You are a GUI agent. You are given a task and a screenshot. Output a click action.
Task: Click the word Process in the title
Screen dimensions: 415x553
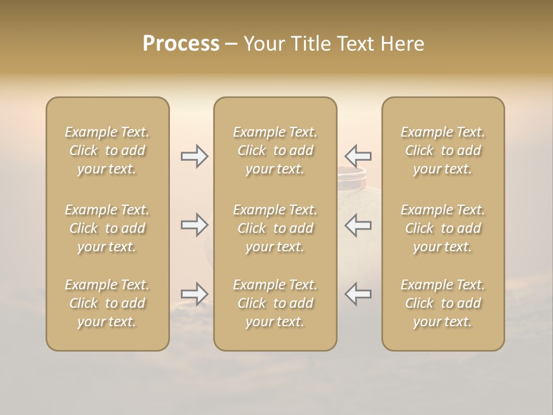[x=181, y=44]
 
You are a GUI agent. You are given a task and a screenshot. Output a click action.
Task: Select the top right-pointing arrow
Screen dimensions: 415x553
[x=195, y=156]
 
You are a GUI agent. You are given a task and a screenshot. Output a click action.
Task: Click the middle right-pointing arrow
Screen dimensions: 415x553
[x=195, y=225]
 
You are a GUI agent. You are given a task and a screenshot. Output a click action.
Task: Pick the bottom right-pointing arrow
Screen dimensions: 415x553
[x=195, y=294]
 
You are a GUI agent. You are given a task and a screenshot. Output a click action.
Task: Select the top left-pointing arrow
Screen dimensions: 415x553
[x=358, y=156]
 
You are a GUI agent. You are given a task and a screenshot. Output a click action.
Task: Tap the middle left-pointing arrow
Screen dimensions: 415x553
[x=358, y=225]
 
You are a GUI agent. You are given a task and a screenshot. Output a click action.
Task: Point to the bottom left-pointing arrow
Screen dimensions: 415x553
[x=358, y=294]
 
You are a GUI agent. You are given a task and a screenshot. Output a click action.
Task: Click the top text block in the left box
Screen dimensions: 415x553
[x=107, y=150]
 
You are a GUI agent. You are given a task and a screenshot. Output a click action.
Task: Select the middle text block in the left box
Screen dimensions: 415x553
[x=107, y=228]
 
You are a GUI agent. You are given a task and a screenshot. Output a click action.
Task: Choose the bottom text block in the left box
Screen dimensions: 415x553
[x=107, y=303]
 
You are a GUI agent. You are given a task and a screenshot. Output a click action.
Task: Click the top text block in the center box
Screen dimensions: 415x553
[x=275, y=150]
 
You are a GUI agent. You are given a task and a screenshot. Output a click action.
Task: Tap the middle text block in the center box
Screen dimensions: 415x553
[x=275, y=228]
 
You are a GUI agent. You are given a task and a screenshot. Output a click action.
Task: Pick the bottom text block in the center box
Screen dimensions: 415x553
[x=275, y=303]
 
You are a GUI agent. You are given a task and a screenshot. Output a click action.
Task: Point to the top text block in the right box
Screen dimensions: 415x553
[x=443, y=150]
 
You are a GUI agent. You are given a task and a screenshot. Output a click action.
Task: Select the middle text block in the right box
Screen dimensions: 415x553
[x=443, y=228]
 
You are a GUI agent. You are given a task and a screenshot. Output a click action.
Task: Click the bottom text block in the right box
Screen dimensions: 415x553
[x=443, y=303]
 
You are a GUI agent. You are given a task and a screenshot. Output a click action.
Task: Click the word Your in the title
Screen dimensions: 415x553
[x=263, y=44]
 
